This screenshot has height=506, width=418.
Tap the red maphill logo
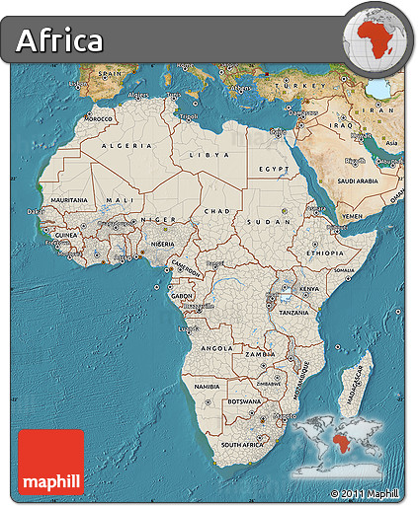pyautogui.click(x=50, y=462)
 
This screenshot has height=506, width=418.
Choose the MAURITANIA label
pyautogui.click(x=70, y=199)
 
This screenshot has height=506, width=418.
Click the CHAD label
pyautogui.click(x=217, y=211)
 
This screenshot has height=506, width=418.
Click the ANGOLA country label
pyautogui.click(x=216, y=348)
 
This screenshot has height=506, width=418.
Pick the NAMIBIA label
pyautogui.click(x=207, y=386)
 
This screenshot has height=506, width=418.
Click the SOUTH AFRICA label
pyautogui.click(x=243, y=445)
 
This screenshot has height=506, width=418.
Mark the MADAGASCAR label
pyautogui.click(x=354, y=387)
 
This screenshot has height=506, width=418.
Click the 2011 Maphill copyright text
pyautogui.click(x=366, y=492)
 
